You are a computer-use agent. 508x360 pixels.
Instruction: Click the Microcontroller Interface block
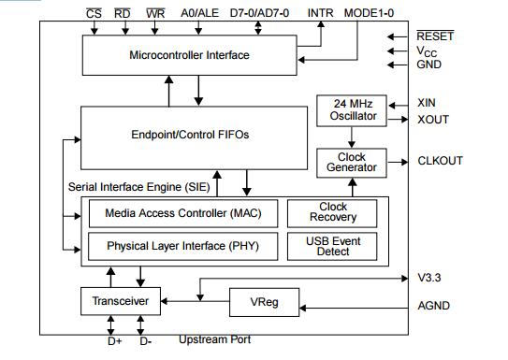tap(188, 55)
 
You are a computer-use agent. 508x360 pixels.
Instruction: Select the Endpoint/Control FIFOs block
tap(194, 136)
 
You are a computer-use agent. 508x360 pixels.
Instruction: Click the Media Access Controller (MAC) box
tap(183, 213)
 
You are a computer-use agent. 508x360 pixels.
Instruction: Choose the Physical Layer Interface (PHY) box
tap(183, 247)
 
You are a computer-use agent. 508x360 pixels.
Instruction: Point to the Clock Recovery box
tap(333, 213)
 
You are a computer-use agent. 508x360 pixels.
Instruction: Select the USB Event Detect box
tap(333, 247)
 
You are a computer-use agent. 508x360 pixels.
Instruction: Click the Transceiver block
tap(121, 301)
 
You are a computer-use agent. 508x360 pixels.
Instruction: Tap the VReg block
tap(264, 302)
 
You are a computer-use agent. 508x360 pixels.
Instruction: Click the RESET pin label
tap(435, 36)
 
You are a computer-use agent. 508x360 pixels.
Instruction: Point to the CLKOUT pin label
tap(441, 161)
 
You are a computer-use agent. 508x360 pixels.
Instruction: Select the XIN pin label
tap(427, 103)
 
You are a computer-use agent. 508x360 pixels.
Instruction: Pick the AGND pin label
tap(433, 306)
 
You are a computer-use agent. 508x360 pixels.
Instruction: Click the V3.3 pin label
tap(429, 278)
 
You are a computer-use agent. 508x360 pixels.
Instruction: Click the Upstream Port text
tap(214, 339)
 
